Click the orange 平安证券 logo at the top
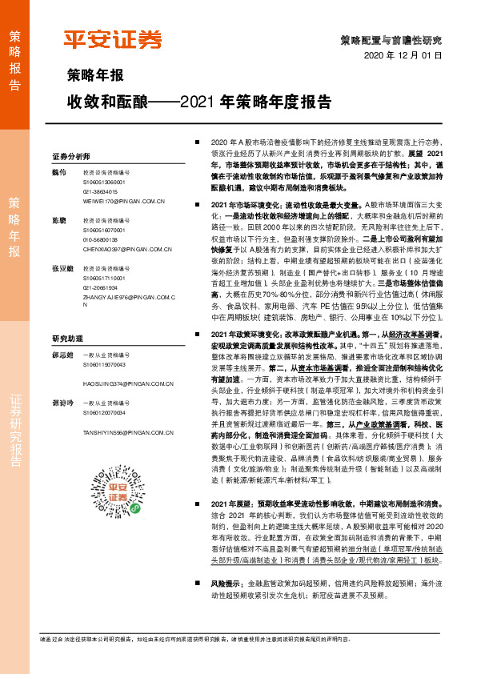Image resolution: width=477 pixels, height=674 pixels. (x=112, y=38)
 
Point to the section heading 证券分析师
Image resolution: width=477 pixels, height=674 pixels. (x=70, y=156)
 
